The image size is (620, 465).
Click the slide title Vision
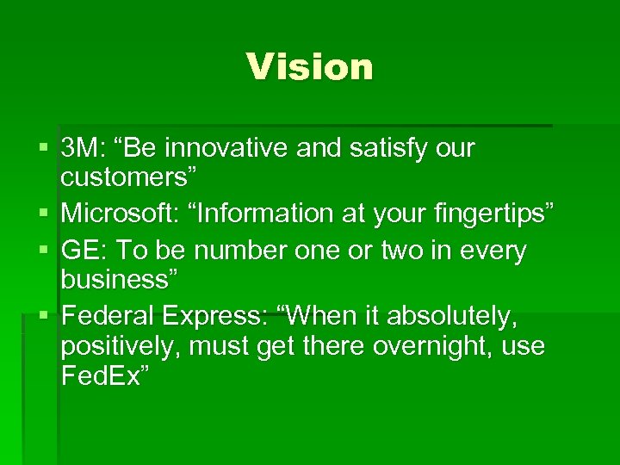pos(309,67)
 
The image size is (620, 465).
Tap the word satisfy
pos(379,148)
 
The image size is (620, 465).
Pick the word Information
pos(258,212)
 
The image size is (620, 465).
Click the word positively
pos(119,346)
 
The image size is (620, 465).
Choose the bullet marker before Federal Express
pos(43,315)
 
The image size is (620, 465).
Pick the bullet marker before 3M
pos(43,149)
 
